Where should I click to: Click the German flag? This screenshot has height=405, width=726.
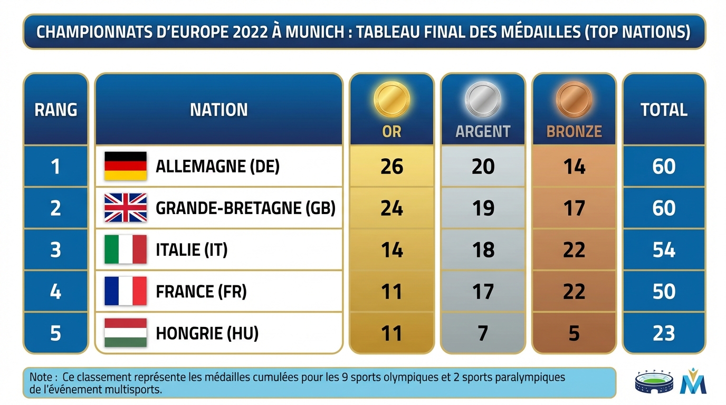point(126,166)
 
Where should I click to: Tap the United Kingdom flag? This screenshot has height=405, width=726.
point(126,208)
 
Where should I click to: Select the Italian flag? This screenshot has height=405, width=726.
point(126,249)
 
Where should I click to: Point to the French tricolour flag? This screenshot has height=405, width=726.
point(126,291)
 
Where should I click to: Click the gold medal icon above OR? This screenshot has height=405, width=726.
point(391,99)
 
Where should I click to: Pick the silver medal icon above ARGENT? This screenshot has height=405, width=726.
point(483,99)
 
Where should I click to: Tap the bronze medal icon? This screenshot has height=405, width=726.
point(574,99)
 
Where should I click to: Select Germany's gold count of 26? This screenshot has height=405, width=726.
point(391,167)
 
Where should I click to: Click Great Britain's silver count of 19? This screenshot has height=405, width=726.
point(483,208)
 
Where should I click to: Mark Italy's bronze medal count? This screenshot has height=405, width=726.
point(574,250)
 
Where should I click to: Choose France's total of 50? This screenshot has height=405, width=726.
point(664,292)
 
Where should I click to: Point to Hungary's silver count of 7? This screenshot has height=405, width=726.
point(483,333)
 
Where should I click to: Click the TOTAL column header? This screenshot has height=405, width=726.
point(664,110)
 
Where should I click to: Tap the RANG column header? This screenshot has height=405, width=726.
point(55,110)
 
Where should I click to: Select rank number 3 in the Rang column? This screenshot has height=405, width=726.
point(55,250)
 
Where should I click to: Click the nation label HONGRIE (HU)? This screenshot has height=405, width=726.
point(207,333)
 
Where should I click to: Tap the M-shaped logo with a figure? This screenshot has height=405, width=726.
point(693,381)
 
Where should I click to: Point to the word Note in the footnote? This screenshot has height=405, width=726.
point(41,378)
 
